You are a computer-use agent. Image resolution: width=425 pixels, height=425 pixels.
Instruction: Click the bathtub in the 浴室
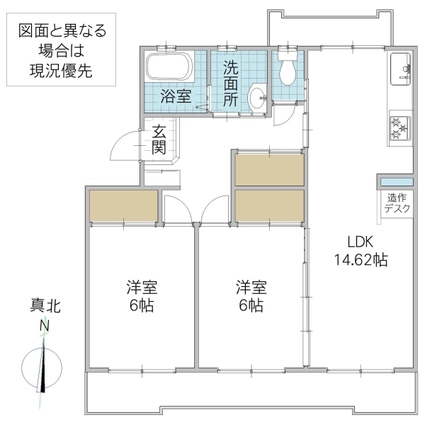click(169, 69)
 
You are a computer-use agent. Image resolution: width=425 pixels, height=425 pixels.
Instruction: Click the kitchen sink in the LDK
click(398, 69)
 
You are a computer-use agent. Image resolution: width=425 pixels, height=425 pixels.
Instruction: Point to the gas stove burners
click(398, 127)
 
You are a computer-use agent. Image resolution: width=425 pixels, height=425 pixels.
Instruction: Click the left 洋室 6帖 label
click(142, 296)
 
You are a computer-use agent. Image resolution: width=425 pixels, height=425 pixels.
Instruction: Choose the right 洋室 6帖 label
click(251, 296)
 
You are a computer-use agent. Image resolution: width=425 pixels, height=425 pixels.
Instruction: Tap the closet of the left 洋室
click(123, 205)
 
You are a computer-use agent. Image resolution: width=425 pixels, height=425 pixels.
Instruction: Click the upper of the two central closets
click(269, 169)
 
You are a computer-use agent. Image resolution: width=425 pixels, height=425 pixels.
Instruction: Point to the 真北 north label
click(45, 306)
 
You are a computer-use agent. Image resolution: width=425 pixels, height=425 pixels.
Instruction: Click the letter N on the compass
click(44, 326)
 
